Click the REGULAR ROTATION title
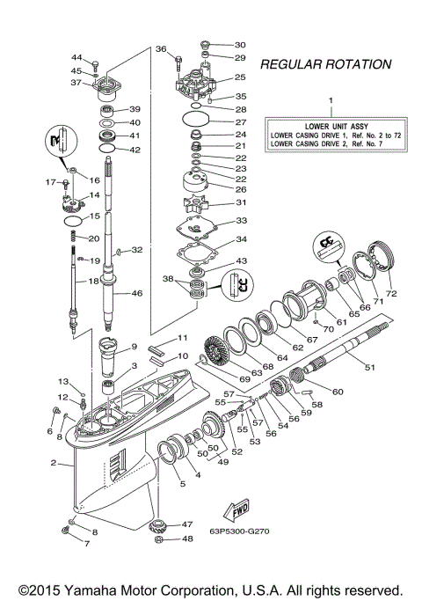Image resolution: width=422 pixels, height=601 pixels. pos(325,64)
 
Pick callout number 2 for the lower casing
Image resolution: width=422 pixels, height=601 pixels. pos(54,463)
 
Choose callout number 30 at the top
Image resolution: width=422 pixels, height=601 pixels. pos(240,44)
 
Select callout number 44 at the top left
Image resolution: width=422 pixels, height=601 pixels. pos(76,57)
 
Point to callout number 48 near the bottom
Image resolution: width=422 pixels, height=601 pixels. pos(187,539)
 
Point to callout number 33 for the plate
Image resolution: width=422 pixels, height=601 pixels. pos(240,221)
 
